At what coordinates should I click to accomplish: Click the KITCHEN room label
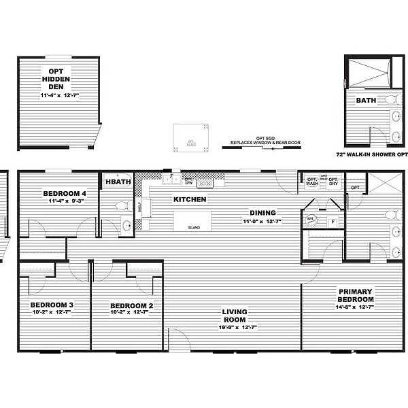tap(190, 200)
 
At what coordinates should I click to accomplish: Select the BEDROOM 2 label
tap(132, 307)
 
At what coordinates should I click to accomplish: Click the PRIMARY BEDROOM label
tap(356, 295)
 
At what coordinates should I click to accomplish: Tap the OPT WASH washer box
tap(312, 182)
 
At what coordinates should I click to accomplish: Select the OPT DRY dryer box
tap(333, 182)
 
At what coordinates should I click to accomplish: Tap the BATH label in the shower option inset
tap(366, 100)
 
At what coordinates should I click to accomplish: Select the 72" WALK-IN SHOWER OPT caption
tap(371, 154)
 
